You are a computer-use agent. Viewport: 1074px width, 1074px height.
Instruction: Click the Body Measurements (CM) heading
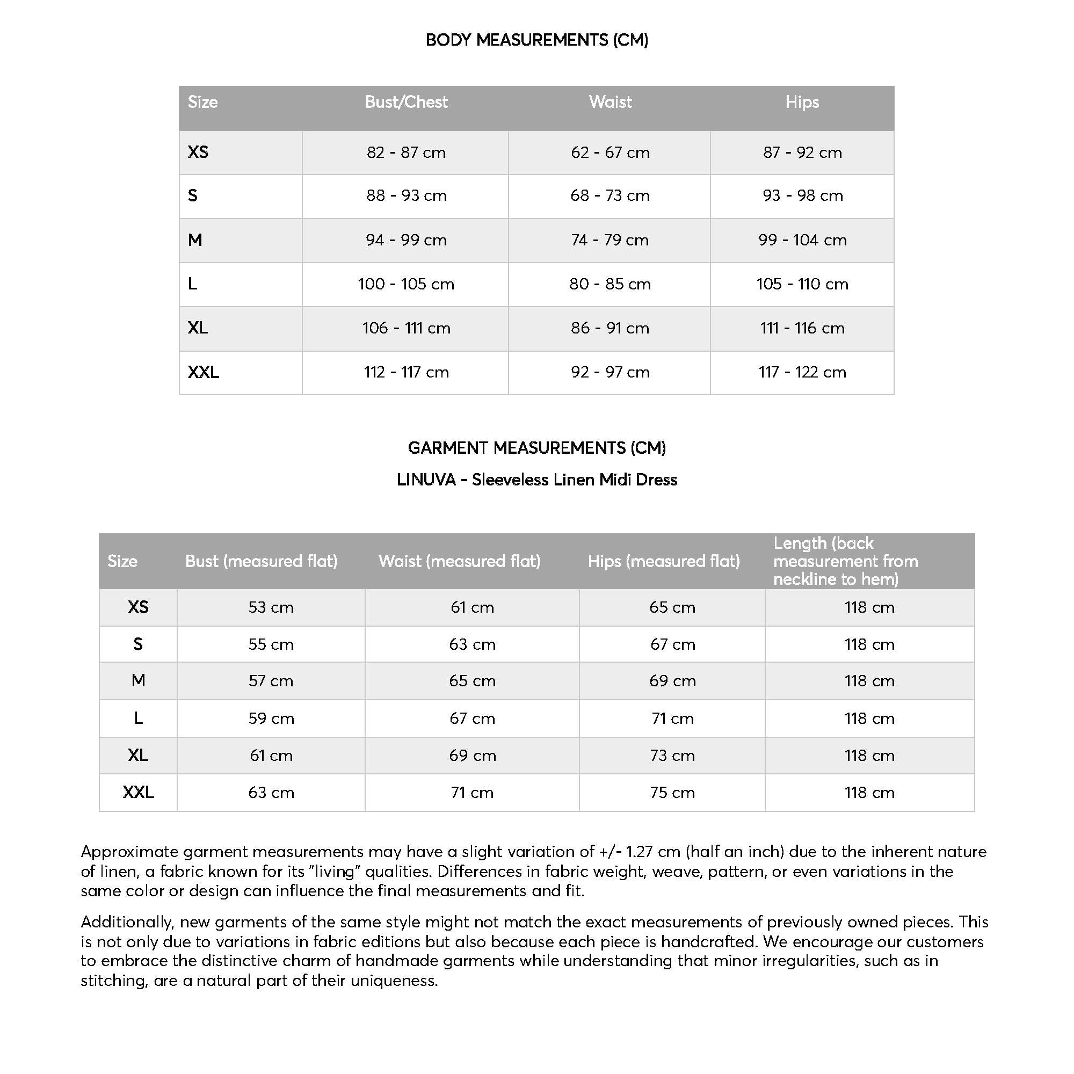tap(536, 40)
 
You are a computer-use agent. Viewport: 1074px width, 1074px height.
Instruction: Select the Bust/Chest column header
tap(406, 102)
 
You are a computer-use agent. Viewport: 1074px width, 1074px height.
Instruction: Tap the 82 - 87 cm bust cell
tap(406, 153)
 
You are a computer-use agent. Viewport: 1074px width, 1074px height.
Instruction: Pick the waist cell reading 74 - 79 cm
tap(610, 240)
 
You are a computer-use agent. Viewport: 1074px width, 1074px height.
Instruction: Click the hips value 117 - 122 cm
tap(802, 372)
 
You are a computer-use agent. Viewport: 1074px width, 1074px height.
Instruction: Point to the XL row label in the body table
tap(198, 328)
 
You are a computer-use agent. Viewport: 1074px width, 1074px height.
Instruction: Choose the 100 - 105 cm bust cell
tap(406, 284)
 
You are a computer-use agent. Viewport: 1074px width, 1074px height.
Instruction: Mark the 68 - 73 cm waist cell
tap(610, 195)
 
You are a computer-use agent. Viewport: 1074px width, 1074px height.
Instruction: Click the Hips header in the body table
tap(802, 102)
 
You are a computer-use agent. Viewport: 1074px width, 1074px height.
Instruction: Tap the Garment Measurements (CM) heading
tap(536, 448)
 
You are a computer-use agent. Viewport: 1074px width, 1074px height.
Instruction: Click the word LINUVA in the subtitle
tap(426, 480)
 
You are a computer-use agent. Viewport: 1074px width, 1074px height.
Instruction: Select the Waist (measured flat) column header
tap(459, 562)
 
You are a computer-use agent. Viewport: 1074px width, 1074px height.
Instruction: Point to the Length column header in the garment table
tap(845, 562)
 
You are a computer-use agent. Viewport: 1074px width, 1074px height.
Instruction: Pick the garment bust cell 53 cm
tap(271, 607)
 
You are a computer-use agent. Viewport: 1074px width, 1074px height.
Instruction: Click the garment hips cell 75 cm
tap(672, 792)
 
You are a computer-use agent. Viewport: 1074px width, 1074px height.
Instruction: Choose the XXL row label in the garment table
tap(138, 792)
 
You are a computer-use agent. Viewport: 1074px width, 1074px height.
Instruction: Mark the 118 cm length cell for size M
tap(869, 681)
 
